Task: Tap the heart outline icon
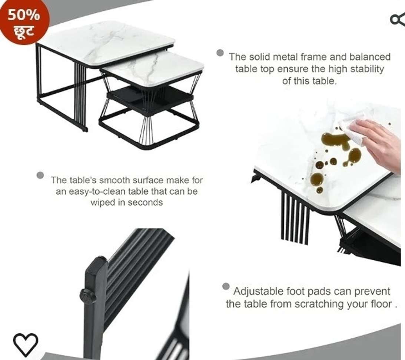pyautogui.click(x=26, y=344)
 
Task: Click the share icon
pyautogui.click(x=398, y=20)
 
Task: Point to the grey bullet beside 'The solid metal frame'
pyautogui.click(x=220, y=53)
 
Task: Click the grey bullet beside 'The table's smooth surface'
pyautogui.click(x=40, y=175)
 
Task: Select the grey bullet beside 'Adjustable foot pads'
pyautogui.click(x=226, y=286)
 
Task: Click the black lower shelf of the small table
pyautogui.click(x=150, y=99)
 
